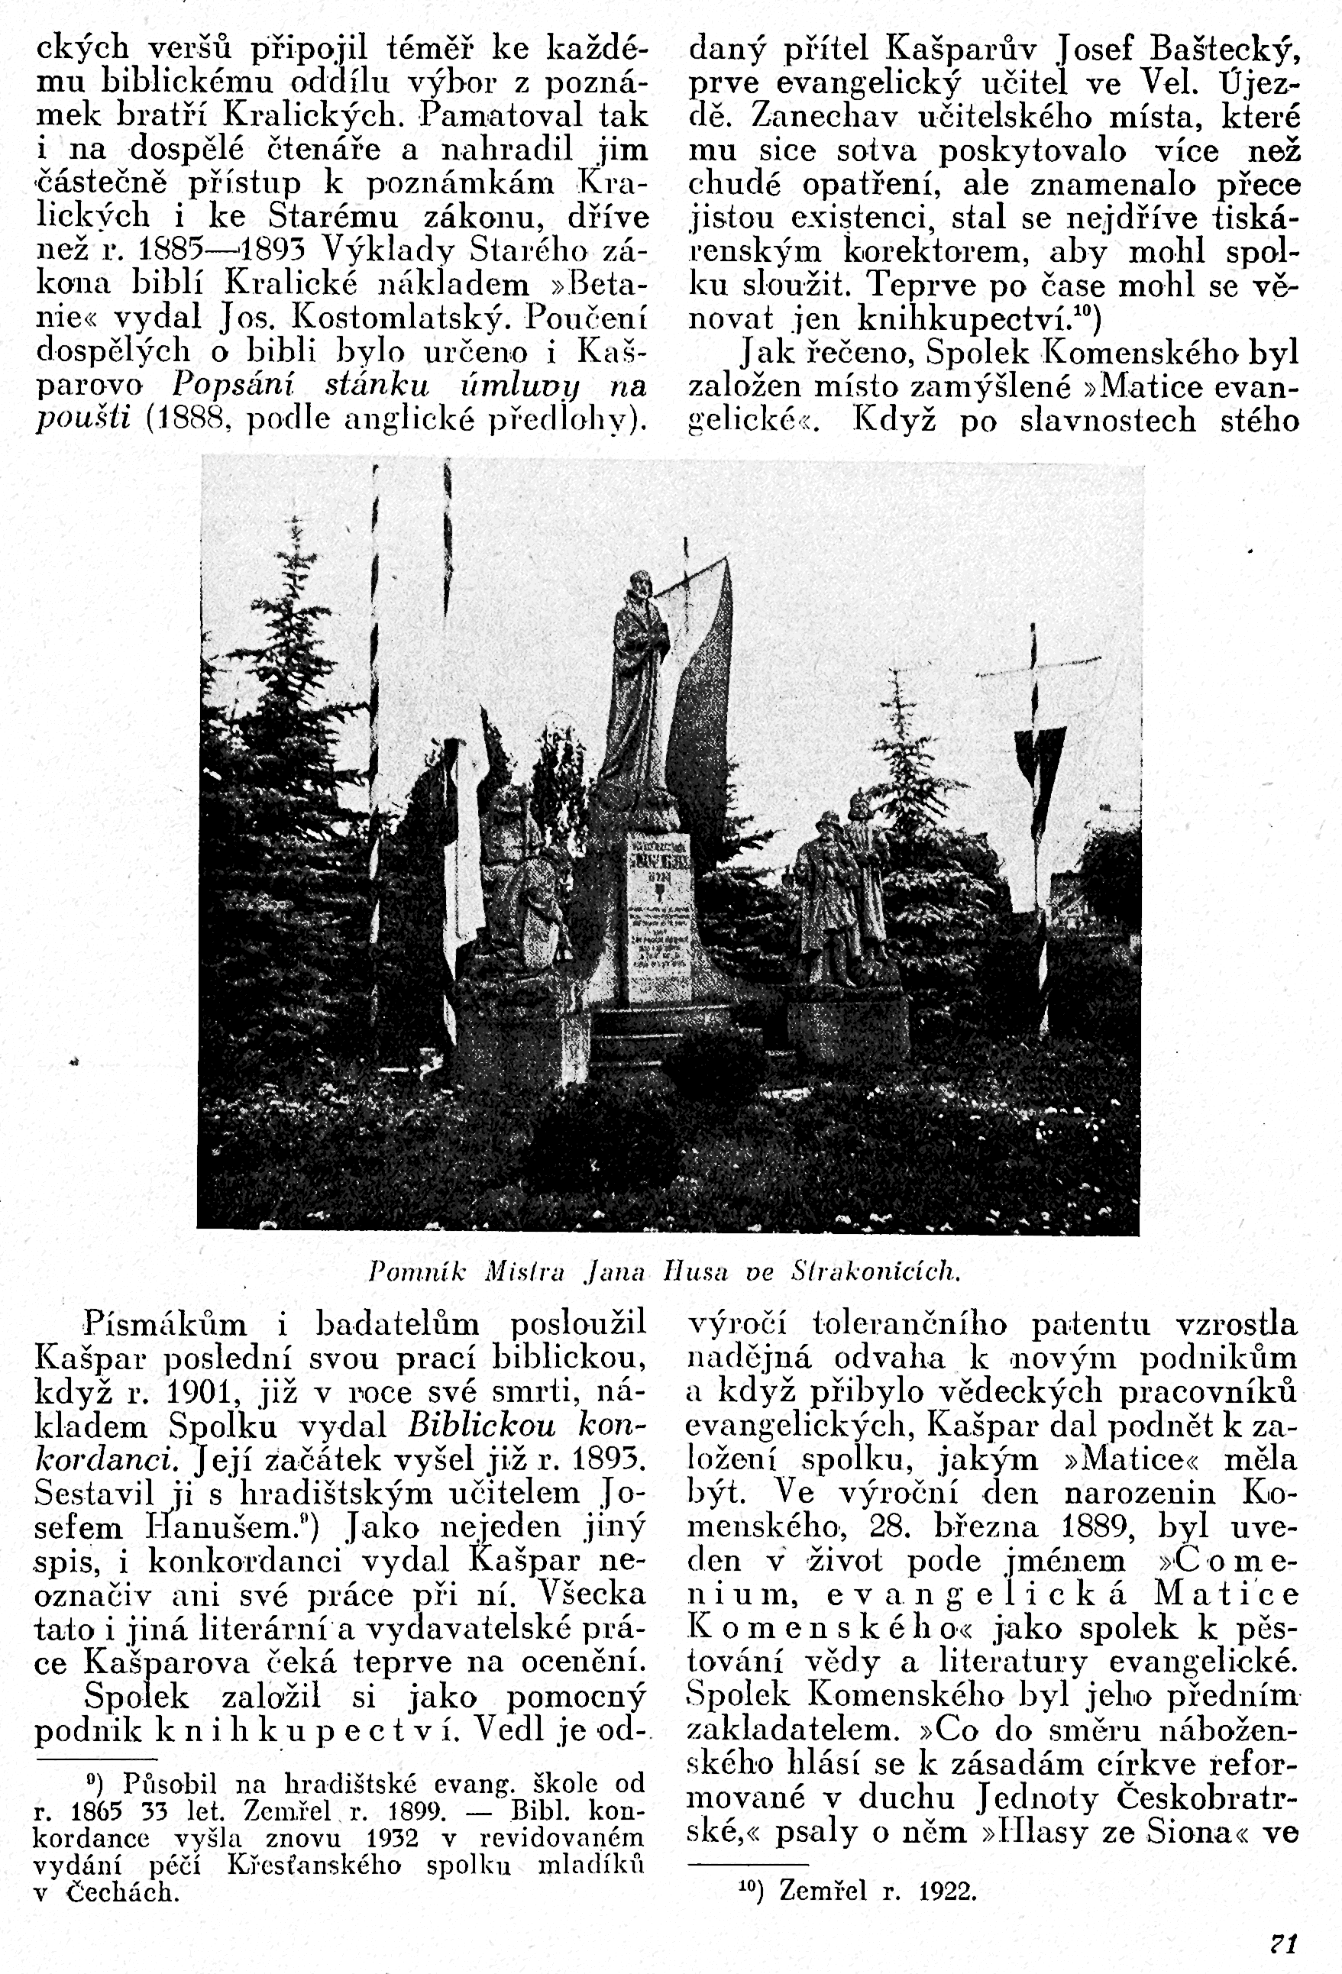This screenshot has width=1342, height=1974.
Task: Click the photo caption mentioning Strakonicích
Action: [x=665, y=1271]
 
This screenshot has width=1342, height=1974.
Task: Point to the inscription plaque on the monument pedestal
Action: [x=658, y=913]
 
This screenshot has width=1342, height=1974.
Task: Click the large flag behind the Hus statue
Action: [x=700, y=671]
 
